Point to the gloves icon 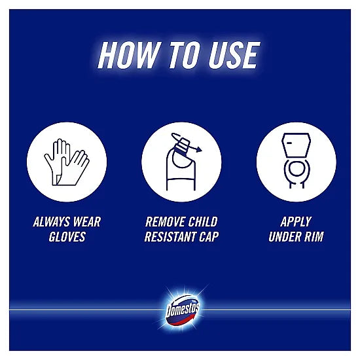[67, 162]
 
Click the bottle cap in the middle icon [183, 146]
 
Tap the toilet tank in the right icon [296, 145]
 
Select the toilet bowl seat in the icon [297, 169]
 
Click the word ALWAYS [51, 222]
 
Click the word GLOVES [67, 237]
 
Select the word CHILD [203, 222]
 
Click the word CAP [209, 237]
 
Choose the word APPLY [296, 222]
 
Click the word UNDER [285, 237]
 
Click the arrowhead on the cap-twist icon [199, 150]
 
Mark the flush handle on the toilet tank [289, 143]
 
